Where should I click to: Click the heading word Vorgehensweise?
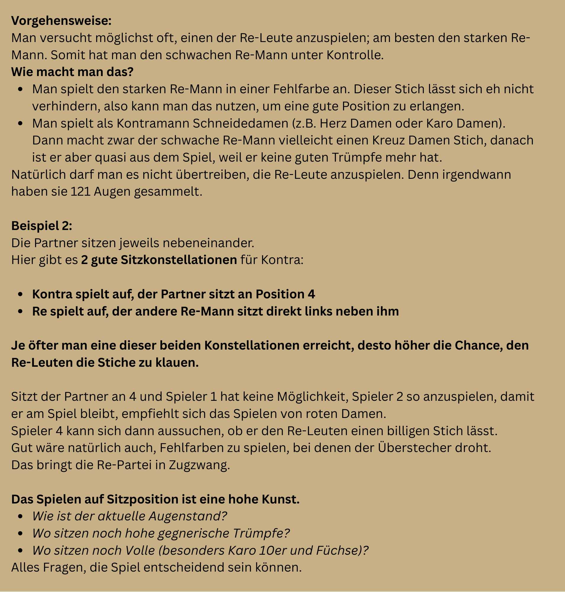click(x=61, y=21)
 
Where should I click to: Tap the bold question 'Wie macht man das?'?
click(x=72, y=72)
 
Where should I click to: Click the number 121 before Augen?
click(x=81, y=192)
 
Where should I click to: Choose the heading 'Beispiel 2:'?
click(x=41, y=226)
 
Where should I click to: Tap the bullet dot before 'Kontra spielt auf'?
click(x=20, y=294)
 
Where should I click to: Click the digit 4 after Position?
click(x=311, y=294)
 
